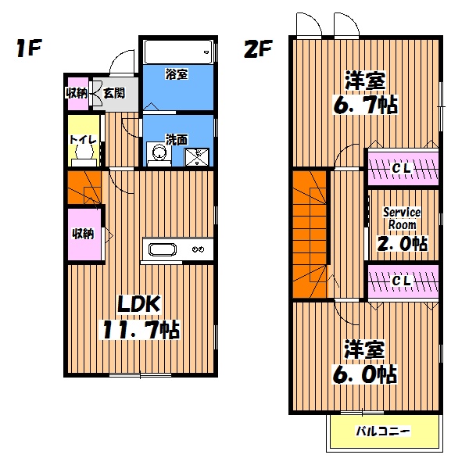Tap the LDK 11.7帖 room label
[x=140, y=317]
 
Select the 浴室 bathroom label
[x=176, y=75]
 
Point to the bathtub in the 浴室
[x=177, y=52]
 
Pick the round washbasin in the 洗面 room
[x=160, y=153]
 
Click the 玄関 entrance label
[x=114, y=93]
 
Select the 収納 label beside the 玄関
[x=77, y=93]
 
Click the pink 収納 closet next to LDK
[x=84, y=234]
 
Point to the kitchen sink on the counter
[x=163, y=250]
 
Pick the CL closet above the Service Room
[x=403, y=167]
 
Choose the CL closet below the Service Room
[x=403, y=281]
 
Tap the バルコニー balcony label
[x=383, y=431]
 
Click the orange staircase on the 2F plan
[x=311, y=234]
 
